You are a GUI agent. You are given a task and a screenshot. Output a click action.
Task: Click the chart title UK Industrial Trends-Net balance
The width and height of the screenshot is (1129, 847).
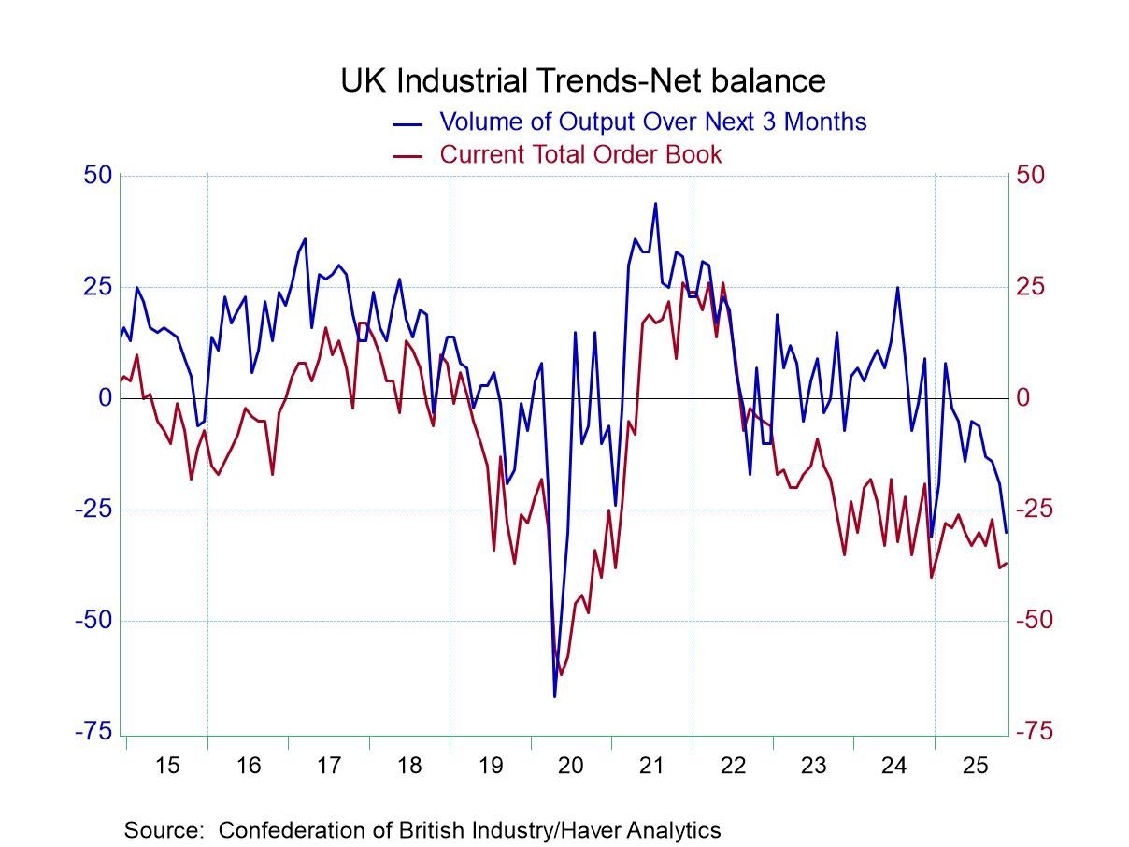(582, 80)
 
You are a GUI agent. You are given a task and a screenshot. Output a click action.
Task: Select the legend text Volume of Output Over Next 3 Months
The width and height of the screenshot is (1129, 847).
(652, 122)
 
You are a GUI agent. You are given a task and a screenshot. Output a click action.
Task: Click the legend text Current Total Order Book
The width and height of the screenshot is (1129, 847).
(580, 154)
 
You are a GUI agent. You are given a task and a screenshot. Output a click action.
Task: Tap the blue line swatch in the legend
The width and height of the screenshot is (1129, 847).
(409, 122)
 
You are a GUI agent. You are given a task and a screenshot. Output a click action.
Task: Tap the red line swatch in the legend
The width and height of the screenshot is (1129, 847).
(409, 155)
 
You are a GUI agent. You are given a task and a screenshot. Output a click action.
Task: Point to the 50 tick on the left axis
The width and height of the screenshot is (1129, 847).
(98, 176)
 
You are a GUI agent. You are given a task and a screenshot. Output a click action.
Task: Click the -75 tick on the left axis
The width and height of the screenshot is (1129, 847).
(93, 732)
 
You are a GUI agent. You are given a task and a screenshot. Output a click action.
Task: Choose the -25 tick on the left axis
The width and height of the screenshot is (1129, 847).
(93, 510)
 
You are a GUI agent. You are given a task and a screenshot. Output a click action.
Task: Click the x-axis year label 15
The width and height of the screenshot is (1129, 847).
(166, 767)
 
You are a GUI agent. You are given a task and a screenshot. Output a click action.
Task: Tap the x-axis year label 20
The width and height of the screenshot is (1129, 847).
(570, 767)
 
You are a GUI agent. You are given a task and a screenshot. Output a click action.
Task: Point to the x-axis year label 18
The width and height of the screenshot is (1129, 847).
(408, 767)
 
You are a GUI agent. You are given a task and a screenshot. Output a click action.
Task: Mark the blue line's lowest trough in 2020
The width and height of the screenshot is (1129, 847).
(554, 696)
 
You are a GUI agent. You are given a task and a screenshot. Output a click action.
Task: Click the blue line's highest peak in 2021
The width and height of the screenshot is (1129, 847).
(655, 203)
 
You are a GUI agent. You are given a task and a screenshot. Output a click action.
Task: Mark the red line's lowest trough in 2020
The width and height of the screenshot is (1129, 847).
(561, 674)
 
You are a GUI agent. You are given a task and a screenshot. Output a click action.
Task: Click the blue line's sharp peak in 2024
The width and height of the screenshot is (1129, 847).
(898, 287)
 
